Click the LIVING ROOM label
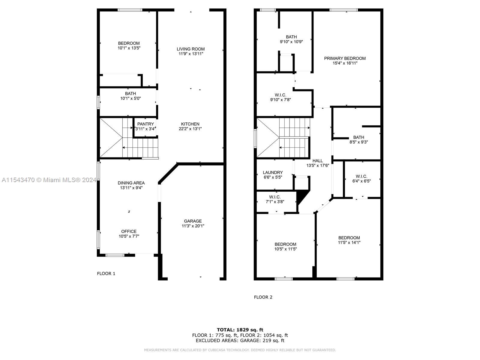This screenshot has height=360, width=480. coord(190,49)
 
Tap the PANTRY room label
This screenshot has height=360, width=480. coord(145,124)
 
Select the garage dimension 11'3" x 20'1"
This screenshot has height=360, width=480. coord(193,226)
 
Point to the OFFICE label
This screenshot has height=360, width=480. coord(129,231)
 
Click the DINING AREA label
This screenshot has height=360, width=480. coord(131,183)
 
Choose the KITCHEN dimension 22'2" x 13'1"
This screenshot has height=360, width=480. coord(190,129)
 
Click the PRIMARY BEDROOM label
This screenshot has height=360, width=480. coord(345,58)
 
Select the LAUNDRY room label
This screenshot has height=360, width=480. coord(273,172)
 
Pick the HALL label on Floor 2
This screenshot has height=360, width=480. coord(317,161)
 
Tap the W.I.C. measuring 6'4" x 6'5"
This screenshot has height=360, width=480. coord(361,178)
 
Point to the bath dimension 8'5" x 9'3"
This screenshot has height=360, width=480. coord(358,142)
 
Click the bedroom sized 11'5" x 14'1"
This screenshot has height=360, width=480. coord(349,240)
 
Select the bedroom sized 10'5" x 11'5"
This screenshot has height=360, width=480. coord(285,246)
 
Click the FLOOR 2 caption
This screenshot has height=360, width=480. coord(263,297)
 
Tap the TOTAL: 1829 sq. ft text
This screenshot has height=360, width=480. coord(240,330)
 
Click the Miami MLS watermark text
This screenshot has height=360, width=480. coord(49,180)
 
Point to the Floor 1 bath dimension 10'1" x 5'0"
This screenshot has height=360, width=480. coord(130,98)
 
